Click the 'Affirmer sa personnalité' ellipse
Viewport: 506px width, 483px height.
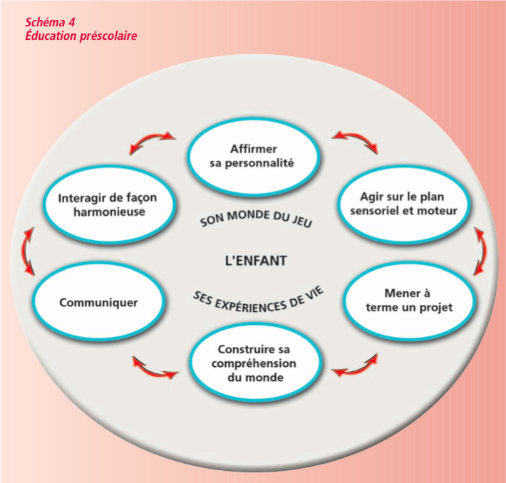[x=252, y=156]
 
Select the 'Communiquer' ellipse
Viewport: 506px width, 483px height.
[x=99, y=302]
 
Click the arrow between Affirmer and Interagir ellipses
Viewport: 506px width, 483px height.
[x=152, y=141]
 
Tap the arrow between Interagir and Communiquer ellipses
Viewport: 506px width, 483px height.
[x=29, y=251]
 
